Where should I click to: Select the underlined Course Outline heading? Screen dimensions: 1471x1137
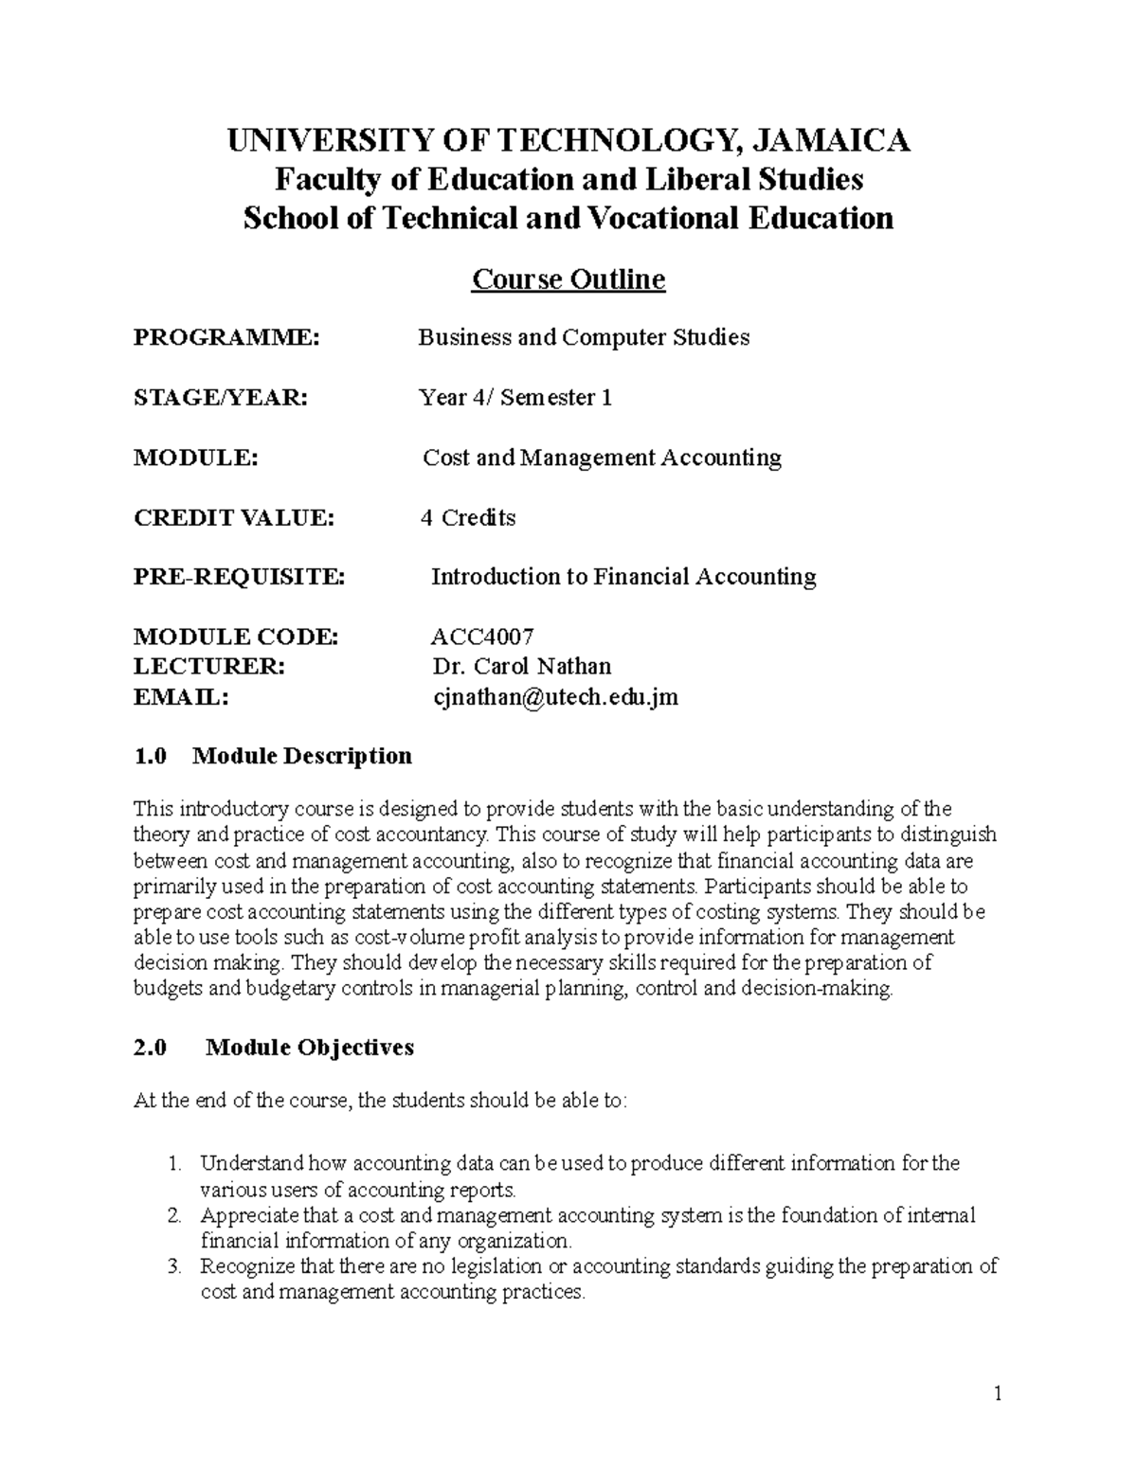click(568, 279)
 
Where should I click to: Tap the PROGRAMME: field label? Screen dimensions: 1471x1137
click(226, 338)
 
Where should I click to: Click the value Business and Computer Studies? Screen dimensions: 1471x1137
click(584, 338)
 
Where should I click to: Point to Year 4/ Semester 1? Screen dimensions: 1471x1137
click(515, 398)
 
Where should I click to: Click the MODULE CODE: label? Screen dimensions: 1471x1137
click(236, 637)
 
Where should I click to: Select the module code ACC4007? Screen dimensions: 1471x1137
click(483, 637)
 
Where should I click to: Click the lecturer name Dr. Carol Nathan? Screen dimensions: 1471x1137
click(521, 667)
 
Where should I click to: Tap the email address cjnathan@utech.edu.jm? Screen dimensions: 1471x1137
click(554, 698)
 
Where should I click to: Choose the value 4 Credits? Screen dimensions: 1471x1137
click(468, 518)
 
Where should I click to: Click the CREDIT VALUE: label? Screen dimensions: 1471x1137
click(234, 518)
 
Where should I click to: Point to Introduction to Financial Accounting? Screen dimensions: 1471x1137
click(623, 577)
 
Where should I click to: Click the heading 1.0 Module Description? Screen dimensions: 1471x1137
click(273, 756)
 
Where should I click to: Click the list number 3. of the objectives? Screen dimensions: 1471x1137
click(173, 1267)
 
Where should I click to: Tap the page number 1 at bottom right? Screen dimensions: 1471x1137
click(998, 1393)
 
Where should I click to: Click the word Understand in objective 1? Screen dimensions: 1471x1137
click(252, 1163)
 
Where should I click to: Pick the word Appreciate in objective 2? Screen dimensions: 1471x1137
click(249, 1215)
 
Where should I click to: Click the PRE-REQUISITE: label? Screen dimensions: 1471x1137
click(240, 577)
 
